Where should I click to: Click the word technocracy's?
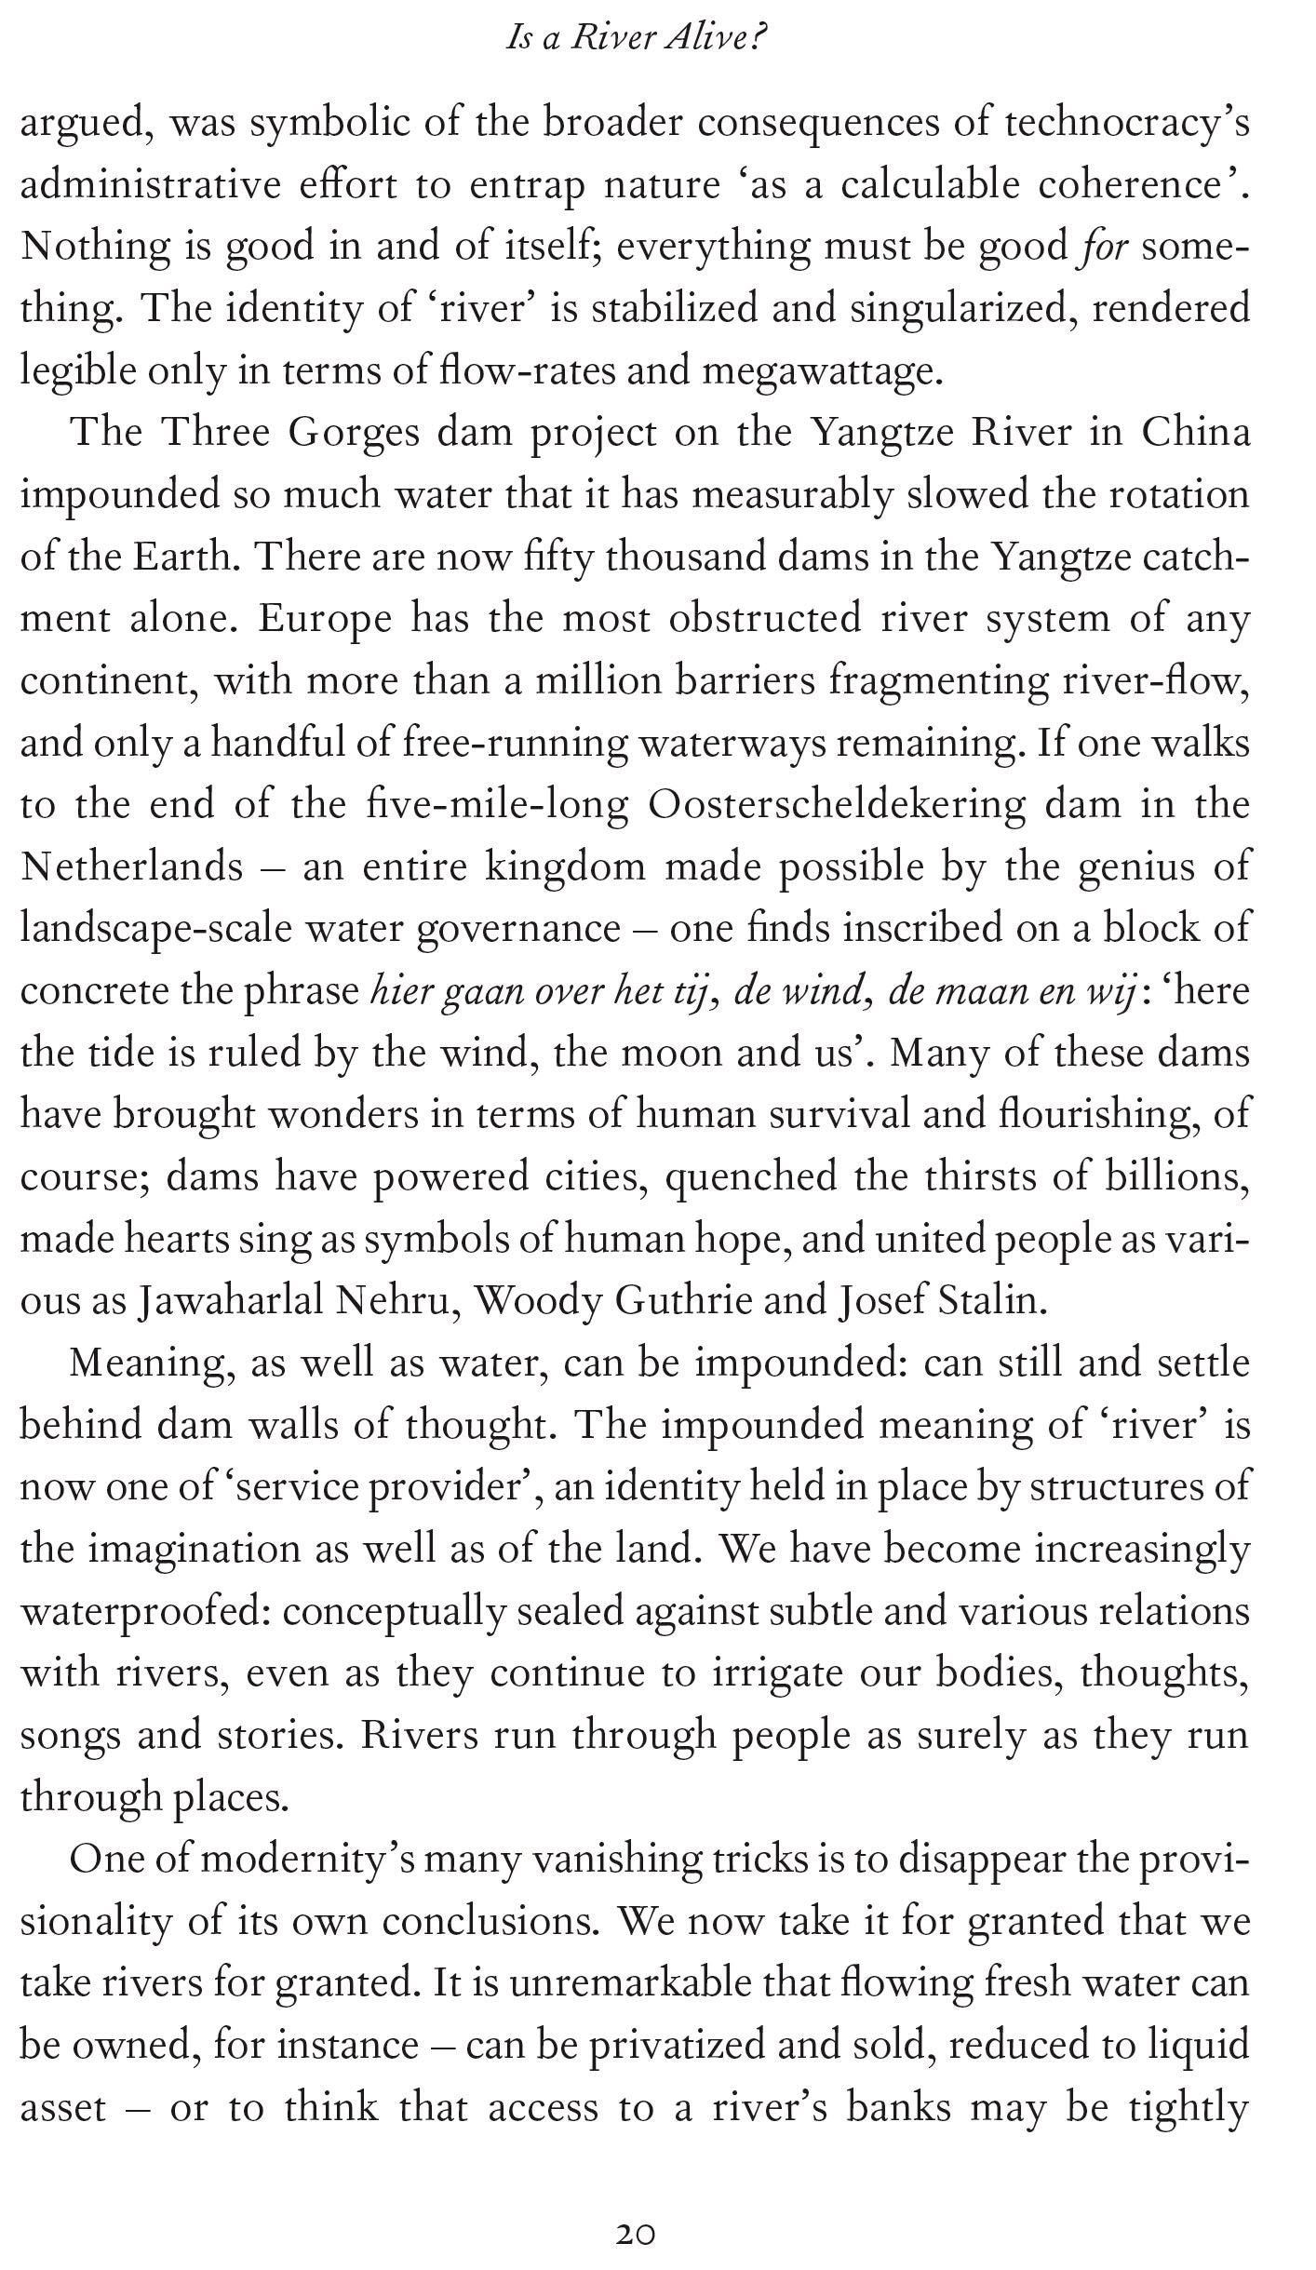1127,124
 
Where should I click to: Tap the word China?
1196,434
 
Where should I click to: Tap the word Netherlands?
131,867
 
